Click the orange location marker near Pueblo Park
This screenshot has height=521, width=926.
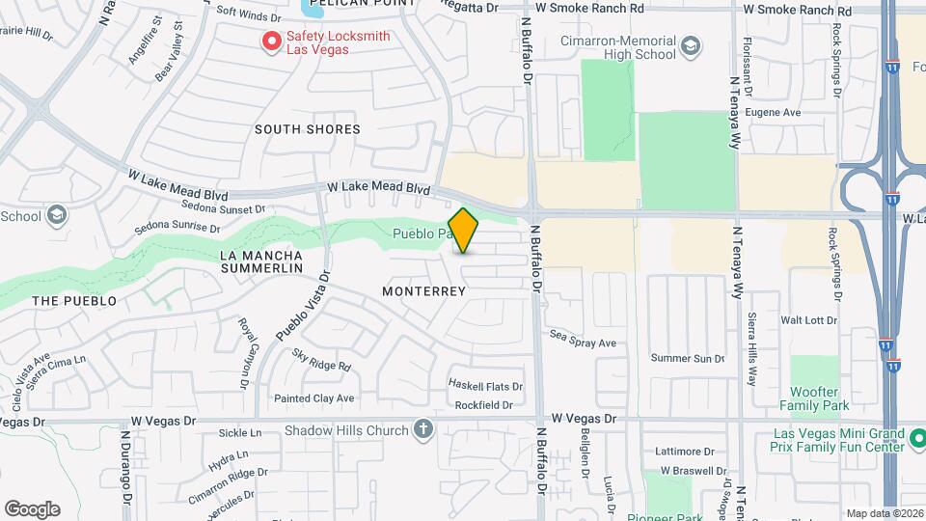point(464,231)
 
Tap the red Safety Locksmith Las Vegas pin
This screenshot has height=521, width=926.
point(272,41)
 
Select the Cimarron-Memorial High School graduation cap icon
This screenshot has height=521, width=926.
point(691,45)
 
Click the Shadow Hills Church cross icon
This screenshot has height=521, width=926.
point(423,430)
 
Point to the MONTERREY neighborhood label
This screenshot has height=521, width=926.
point(424,290)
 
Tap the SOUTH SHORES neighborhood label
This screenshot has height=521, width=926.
point(308,129)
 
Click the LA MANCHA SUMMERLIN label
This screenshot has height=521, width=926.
point(261,260)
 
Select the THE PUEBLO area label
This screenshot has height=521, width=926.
point(74,301)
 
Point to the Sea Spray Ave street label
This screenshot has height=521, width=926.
point(583,343)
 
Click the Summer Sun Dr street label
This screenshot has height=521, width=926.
point(687,359)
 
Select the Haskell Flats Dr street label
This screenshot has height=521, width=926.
point(486,385)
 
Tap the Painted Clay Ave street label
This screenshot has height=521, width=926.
point(313,398)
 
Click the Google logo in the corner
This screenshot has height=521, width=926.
point(32,509)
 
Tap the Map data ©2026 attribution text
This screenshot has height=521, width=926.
point(884,513)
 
